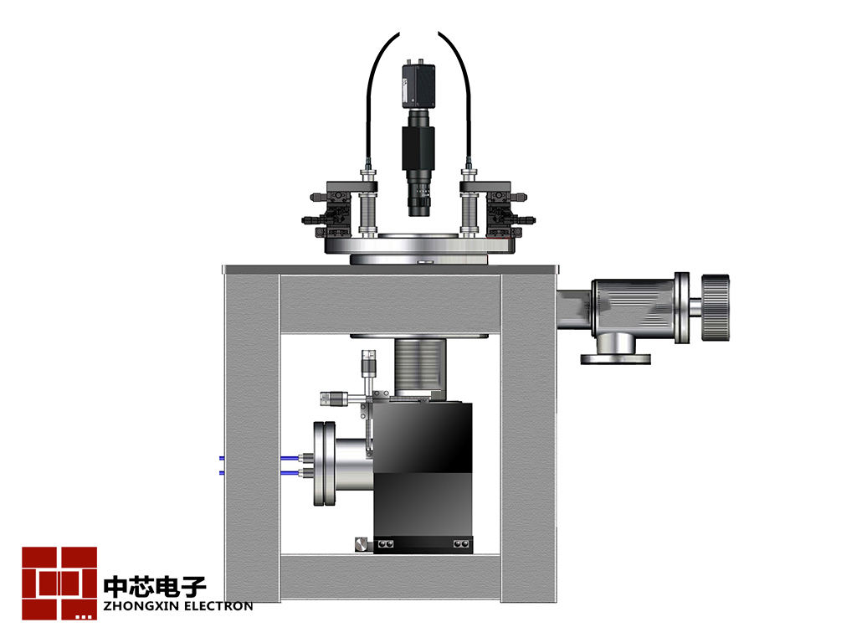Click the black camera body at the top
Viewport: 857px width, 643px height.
(x=418, y=85)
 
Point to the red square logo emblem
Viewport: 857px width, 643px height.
(x=59, y=583)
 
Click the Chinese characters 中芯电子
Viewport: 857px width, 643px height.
(x=155, y=586)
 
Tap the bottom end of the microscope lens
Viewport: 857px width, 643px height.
(x=420, y=214)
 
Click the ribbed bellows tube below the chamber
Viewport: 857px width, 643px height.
(x=420, y=367)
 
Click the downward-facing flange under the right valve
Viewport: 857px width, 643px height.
(x=615, y=359)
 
